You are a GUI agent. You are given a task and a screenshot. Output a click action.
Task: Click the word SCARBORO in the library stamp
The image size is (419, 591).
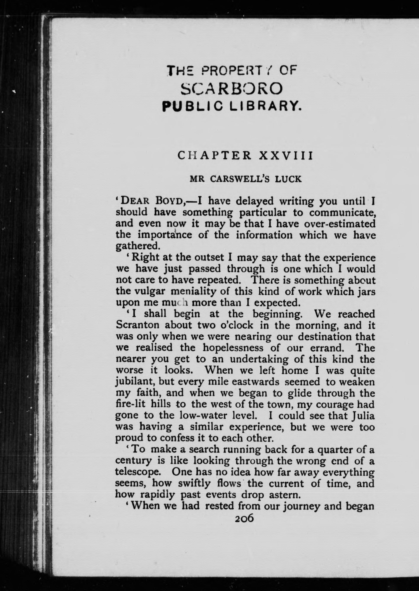[232, 89]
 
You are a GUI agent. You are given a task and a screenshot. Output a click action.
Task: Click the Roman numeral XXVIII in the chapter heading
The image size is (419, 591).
[286, 156]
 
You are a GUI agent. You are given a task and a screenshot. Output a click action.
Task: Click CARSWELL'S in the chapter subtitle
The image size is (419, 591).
[240, 179]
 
